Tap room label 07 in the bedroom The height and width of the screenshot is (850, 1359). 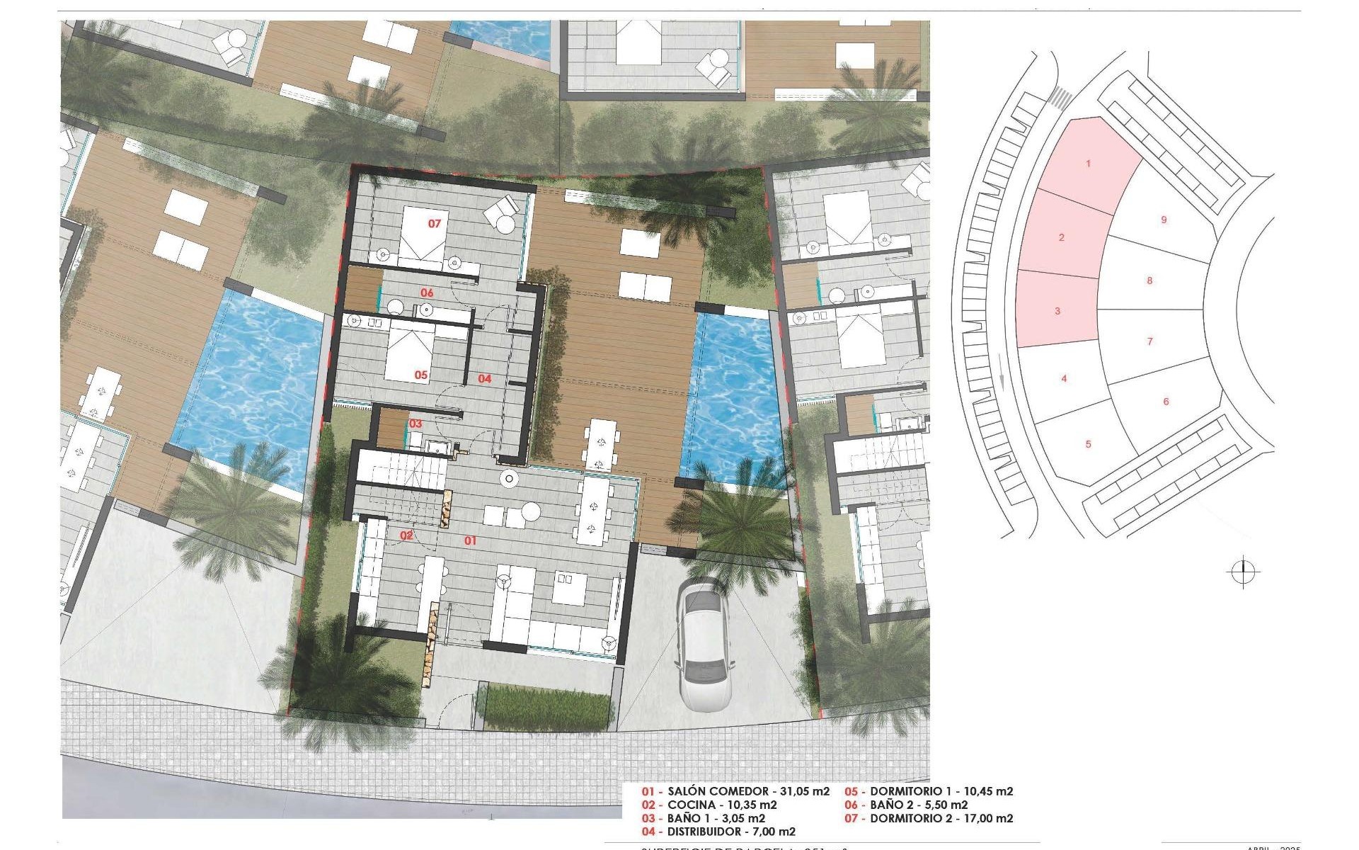[435, 223]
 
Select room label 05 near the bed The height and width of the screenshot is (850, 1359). [421, 375]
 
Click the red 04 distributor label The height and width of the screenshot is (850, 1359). [484, 379]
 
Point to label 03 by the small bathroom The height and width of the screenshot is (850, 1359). [415, 424]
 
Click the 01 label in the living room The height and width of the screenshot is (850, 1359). [470, 540]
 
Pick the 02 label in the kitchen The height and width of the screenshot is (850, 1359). [406, 535]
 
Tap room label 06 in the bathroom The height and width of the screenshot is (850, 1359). [427, 293]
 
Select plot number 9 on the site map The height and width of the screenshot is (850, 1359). [1164, 220]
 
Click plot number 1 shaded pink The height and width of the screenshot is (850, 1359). [1088, 164]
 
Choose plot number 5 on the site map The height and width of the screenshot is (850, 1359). [1088, 444]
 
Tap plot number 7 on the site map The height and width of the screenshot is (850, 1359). [1149, 341]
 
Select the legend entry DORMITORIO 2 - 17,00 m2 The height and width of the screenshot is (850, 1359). [941, 818]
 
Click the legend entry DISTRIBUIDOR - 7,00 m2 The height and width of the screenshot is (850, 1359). [731, 832]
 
